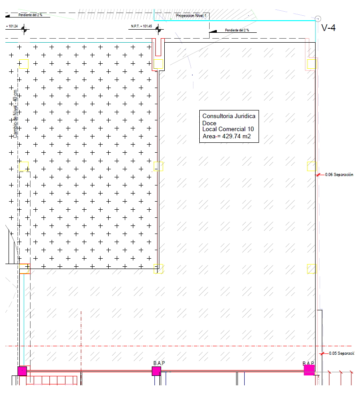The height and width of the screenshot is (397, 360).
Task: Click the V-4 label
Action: pyautogui.click(x=329, y=28)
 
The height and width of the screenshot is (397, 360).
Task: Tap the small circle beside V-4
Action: pyautogui.click(x=318, y=18)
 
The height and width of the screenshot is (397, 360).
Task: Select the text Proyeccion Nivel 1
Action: pyautogui.click(x=191, y=16)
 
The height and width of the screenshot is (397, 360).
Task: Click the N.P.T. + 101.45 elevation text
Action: pyautogui.click(x=141, y=26)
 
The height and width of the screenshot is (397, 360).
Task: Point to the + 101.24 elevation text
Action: pyautogui.click(x=12, y=26)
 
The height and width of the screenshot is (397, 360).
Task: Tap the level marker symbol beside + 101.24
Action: pyautogui.click(x=24, y=30)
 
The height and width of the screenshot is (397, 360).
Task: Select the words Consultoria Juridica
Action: pyautogui.click(x=229, y=116)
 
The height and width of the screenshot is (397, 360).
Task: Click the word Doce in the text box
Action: pyautogui.click(x=209, y=123)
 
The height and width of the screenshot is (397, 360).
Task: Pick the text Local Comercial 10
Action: pyautogui.click(x=228, y=129)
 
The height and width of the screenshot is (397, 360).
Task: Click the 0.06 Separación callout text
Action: pyautogui.click(x=339, y=175)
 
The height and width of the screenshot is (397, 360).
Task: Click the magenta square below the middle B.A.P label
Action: pyautogui.click(x=156, y=371)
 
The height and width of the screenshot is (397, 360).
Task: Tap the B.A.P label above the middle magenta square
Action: pyautogui.click(x=159, y=362)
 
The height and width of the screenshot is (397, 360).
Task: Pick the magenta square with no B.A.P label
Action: pyautogui.click(x=22, y=371)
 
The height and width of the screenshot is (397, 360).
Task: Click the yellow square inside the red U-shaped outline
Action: pyautogui.click(x=158, y=64)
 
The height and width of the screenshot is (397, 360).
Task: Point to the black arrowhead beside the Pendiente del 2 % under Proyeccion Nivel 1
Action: pyautogui.click(x=214, y=31)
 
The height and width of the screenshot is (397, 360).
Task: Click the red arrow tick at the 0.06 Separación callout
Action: pyautogui.click(x=319, y=175)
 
